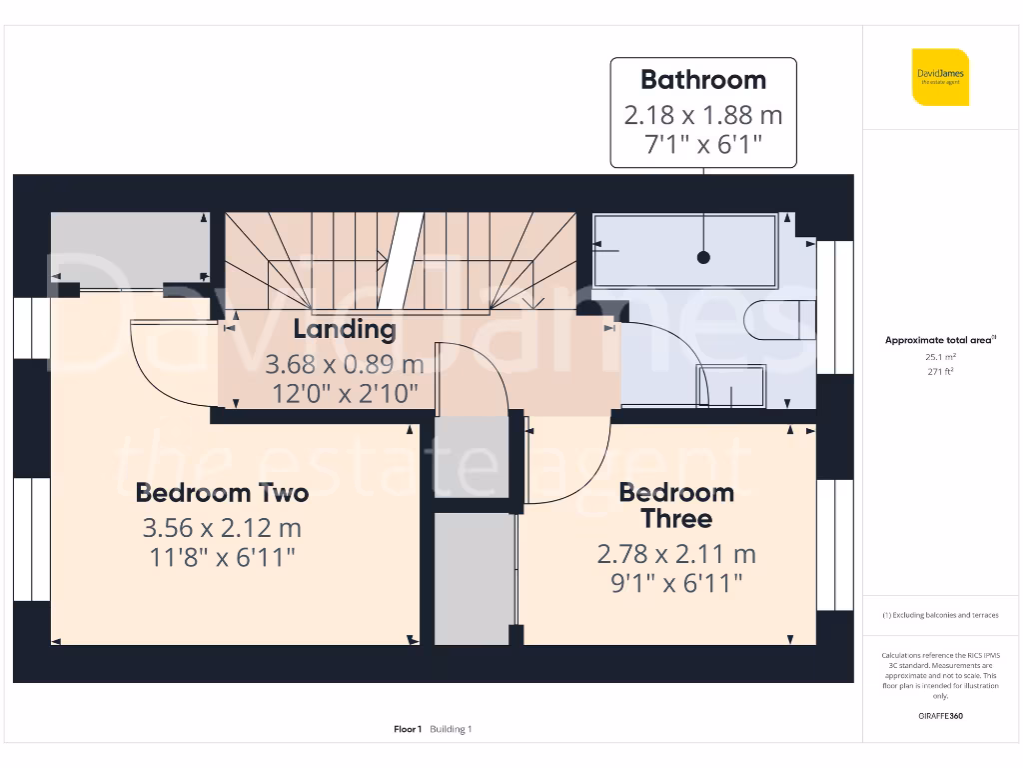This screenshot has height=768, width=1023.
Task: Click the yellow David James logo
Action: coord(940,77)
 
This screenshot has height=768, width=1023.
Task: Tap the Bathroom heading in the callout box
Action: coord(703,80)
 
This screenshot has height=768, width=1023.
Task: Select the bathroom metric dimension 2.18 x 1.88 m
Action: coord(703,115)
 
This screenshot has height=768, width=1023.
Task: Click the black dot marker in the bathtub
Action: coord(703,257)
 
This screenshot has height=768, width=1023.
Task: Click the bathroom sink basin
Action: coord(732,386)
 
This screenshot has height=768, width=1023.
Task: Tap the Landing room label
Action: coord(345,329)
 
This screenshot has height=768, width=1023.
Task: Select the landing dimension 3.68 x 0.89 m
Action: coord(345,364)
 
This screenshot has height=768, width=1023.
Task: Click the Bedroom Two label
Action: coord(222,493)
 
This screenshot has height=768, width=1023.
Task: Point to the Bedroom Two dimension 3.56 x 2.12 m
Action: coord(222,527)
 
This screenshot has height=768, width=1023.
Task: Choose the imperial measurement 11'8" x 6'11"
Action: coord(222,557)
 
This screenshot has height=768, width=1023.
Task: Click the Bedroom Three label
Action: coord(677,505)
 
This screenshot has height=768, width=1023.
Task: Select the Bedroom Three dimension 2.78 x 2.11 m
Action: coord(677,553)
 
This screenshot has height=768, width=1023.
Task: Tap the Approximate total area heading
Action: coord(940,340)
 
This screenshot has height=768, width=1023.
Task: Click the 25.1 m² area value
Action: coord(940,356)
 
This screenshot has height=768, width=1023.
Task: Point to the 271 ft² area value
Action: coord(940,371)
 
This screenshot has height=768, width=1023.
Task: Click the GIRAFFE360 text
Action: coord(940,716)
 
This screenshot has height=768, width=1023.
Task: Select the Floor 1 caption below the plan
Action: coord(409,729)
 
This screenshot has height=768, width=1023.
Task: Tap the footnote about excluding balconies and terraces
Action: coord(940,615)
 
